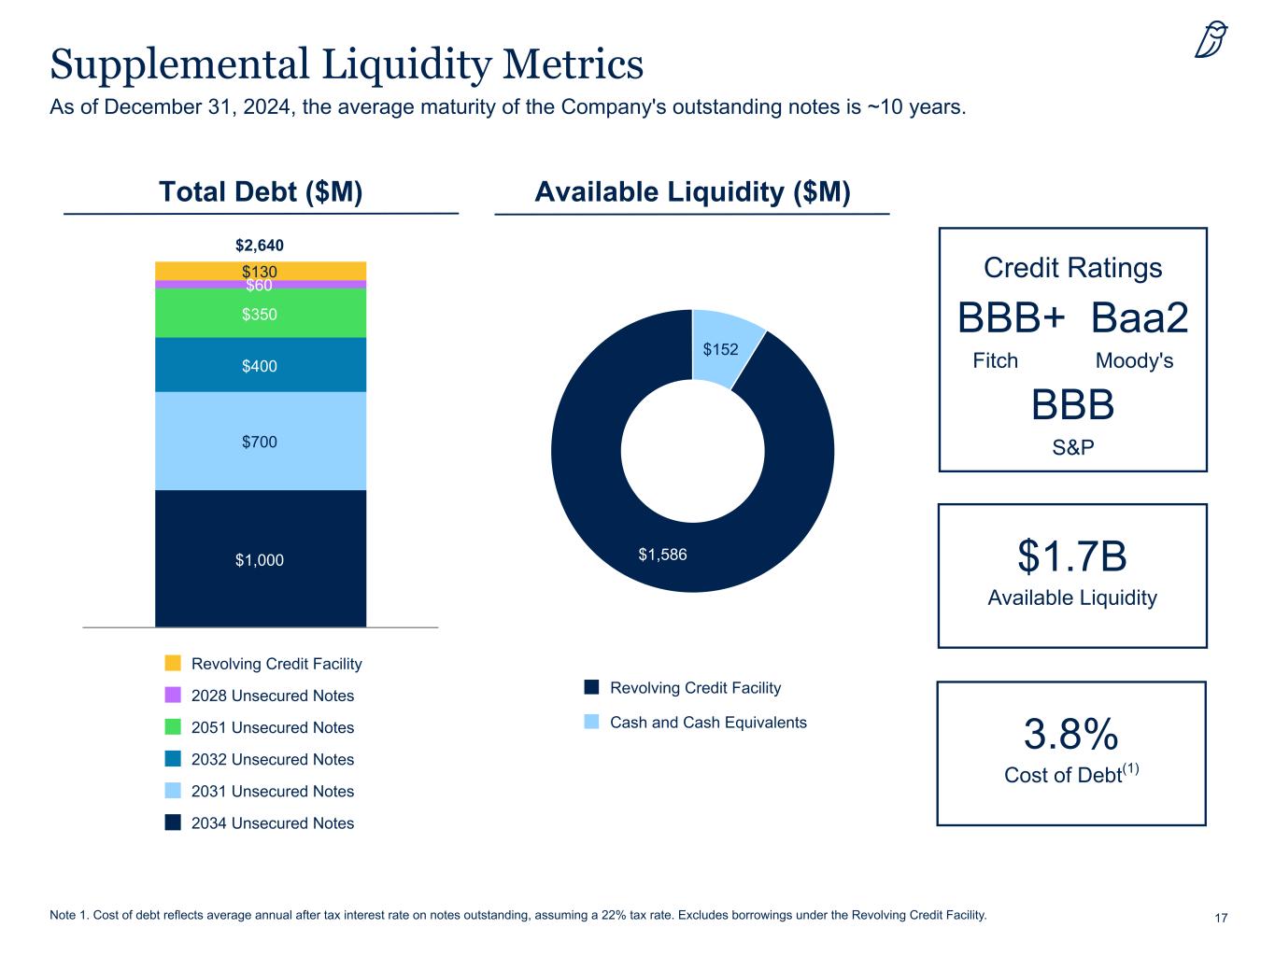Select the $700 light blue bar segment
click(x=260, y=441)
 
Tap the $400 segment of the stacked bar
click(x=260, y=365)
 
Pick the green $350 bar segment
click(x=260, y=314)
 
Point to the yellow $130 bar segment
click(x=260, y=271)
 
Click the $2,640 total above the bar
click(x=260, y=246)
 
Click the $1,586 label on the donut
click(x=662, y=555)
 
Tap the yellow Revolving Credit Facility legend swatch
click(x=173, y=663)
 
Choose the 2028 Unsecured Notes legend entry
click(x=272, y=696)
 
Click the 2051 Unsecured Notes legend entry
click(x=272, y=727)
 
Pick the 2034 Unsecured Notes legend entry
click(x=272, y=822)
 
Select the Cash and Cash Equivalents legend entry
click(x=707, y=722)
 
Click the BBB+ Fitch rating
click(x=1012, y=318)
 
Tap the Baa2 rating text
click(x=1140, y=318)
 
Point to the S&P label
click(x=1072, y=448)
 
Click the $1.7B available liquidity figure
click(x=1072, y=556)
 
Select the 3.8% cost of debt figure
click(x=1071, y=735)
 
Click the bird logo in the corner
click(x=1211, y=40)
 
